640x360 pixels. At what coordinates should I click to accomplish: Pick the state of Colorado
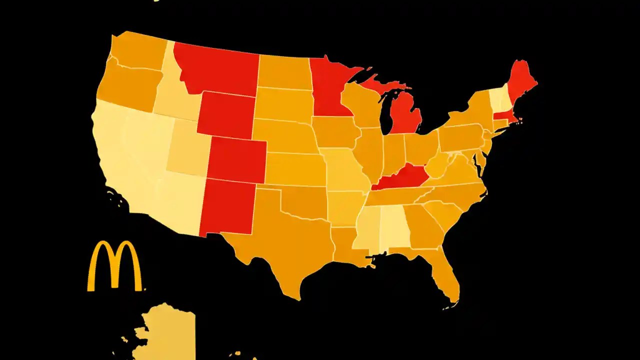pos(236,159)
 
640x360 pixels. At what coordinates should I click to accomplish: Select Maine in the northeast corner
pos(520,82)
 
